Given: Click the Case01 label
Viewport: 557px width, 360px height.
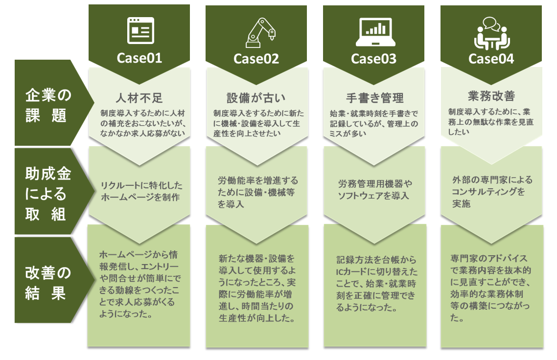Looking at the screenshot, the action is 139,58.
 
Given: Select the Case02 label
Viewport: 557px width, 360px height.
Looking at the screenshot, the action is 256,59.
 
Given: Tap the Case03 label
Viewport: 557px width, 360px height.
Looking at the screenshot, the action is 374,59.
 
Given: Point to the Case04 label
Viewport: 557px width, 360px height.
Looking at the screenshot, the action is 491,59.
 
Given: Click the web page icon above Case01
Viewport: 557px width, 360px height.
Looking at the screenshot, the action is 140,30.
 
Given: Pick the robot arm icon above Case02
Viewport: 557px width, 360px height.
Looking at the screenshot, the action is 260,33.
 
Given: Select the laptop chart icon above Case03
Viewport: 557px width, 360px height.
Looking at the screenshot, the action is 375,32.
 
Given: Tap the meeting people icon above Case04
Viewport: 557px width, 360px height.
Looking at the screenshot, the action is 492,33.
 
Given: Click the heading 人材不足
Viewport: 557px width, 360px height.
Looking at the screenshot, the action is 139,98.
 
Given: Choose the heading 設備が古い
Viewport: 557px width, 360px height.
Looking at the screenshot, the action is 256,98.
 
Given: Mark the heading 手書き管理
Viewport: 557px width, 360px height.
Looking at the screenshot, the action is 375,98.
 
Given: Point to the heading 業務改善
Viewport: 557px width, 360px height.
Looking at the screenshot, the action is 491,96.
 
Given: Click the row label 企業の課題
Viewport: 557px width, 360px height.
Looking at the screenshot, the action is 47,106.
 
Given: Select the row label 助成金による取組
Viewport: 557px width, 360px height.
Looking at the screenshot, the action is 47,194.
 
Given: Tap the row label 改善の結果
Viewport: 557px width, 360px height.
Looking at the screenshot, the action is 47,283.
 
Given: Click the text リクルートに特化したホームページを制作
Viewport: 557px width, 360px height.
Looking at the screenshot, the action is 141,191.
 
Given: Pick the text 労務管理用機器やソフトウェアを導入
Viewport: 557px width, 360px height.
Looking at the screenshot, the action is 375,190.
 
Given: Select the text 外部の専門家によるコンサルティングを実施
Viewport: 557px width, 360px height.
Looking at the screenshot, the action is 492,191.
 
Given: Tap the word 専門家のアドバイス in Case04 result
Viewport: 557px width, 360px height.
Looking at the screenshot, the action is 489,258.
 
